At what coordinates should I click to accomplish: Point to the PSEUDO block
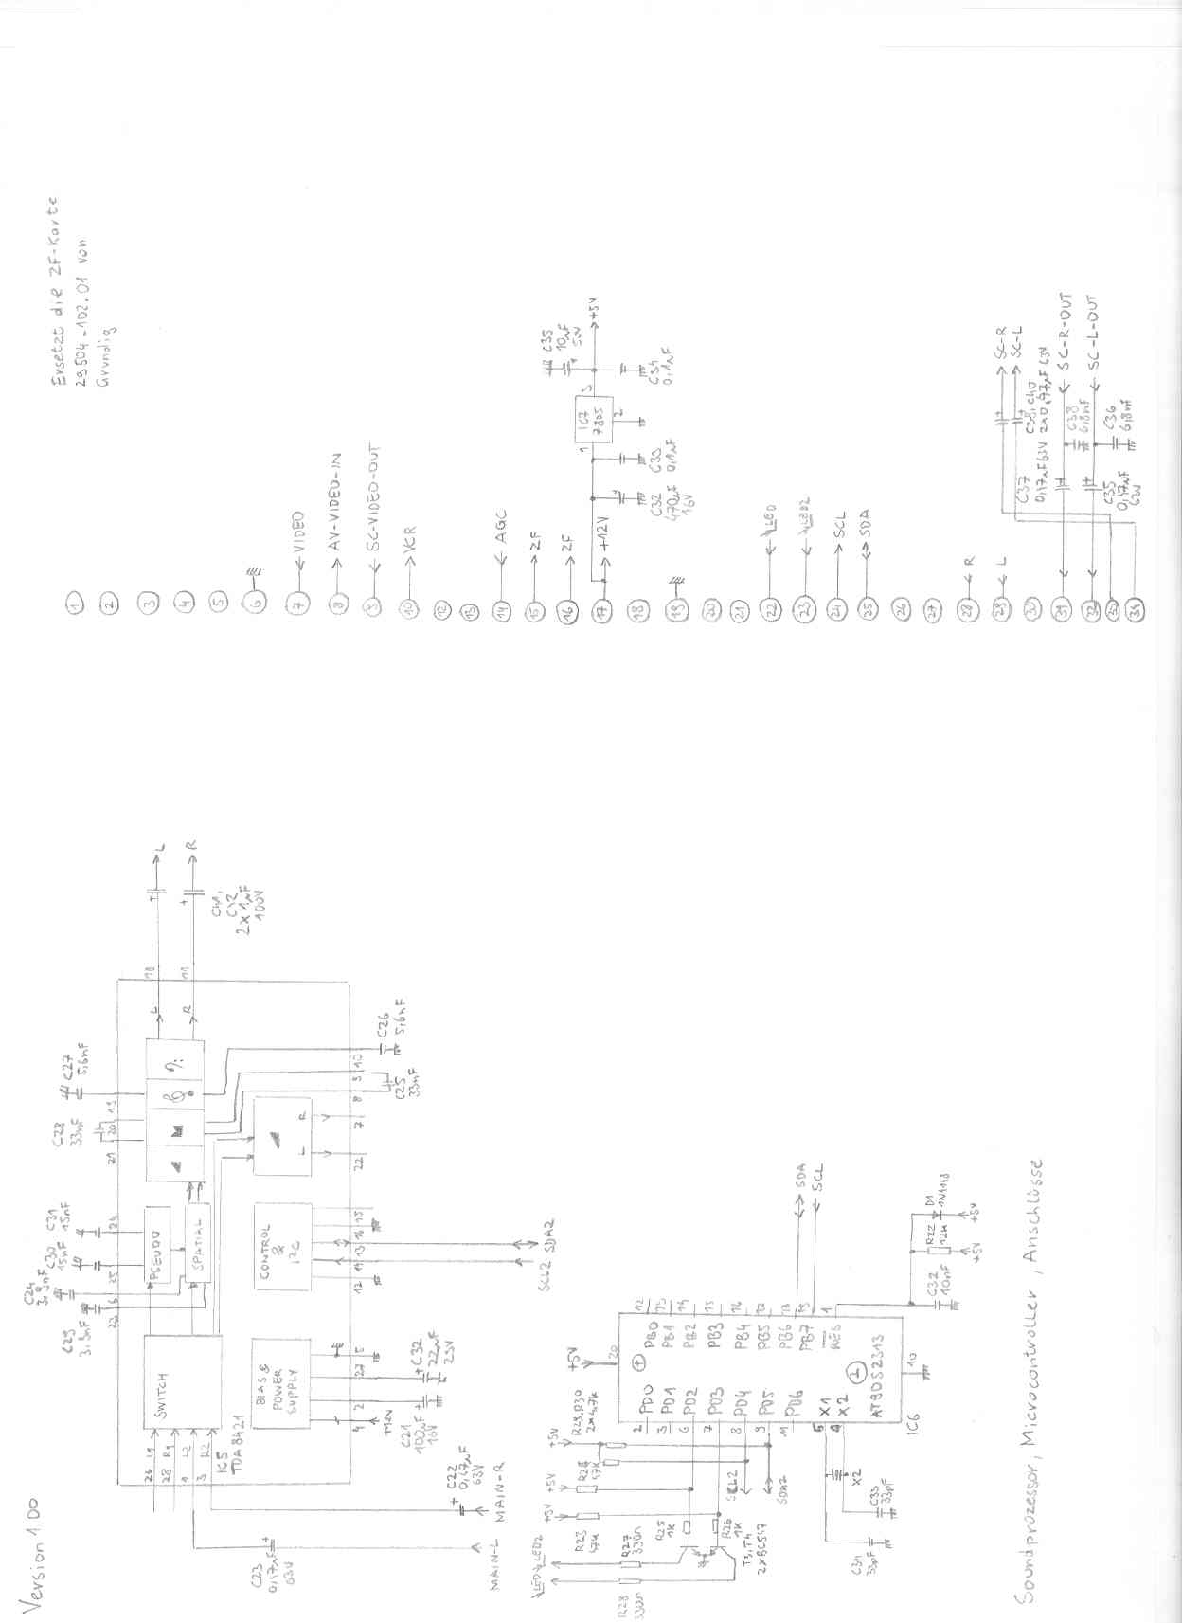[157, 1245]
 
